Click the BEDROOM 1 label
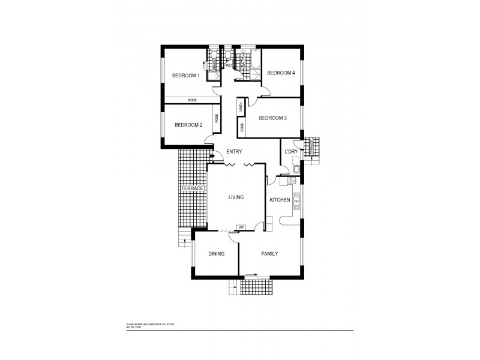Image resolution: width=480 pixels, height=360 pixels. tap(185, 76)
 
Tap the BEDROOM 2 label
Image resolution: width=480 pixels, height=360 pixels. tap(188, 125)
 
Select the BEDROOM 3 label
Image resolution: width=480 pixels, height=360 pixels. tap(272, 118)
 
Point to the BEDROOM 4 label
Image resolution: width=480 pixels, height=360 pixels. tap(281, 73)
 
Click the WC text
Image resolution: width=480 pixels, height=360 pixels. tap(228, 65)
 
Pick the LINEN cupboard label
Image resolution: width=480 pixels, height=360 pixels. tap(241, 108)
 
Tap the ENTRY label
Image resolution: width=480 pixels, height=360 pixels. tap(233, 152)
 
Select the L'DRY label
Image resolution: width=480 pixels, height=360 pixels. tap(290, 152)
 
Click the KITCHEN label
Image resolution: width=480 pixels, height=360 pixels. tap(280, 200)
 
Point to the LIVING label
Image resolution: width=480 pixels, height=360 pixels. tap(235, 197)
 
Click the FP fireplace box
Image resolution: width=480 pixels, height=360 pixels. tap(241, 228)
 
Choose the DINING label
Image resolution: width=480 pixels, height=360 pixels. tap(216, 254)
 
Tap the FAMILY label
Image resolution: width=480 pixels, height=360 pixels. tap(269, 254)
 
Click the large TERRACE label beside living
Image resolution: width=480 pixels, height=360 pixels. tap(193, 189)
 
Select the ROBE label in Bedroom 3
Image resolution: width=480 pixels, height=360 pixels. tap(241, 127)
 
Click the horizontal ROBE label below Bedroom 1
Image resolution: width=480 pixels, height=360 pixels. tap(192, 100)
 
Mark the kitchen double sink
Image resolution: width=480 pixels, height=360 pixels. tap(296, 204)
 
